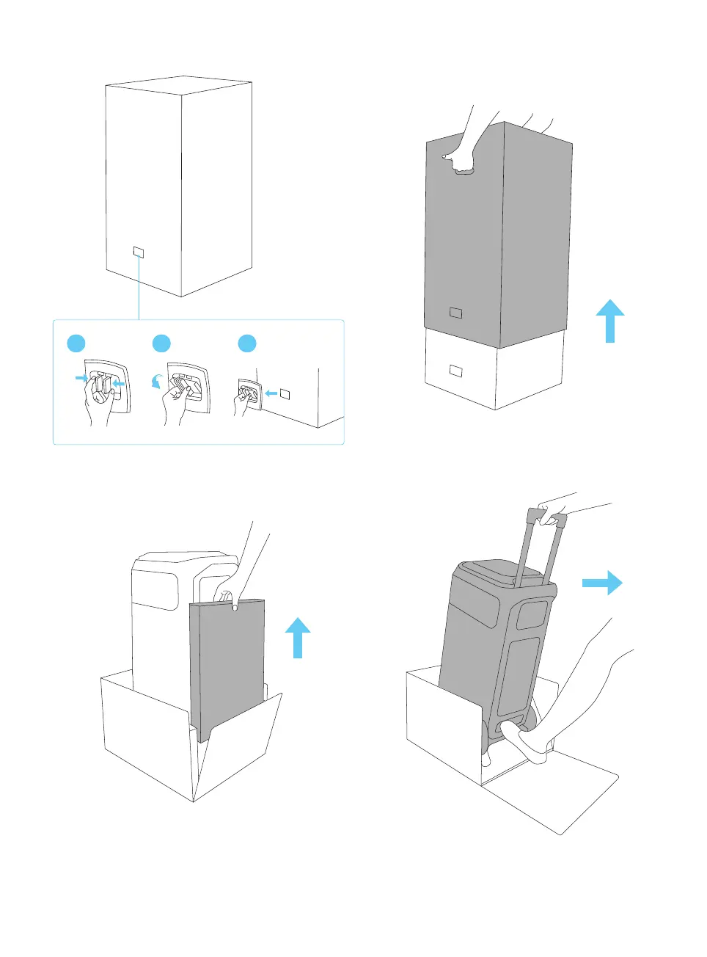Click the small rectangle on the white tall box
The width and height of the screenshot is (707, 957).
click(x=139, y=253)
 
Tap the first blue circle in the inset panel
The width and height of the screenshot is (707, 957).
click(x=76, y=343)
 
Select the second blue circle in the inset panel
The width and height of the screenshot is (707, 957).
click(x=161, y=343)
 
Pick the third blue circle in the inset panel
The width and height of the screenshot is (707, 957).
click(x=247, y=343)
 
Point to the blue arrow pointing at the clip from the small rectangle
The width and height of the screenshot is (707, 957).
click(x=271, y=394)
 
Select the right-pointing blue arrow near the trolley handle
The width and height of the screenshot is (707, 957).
click(x=602, y=583)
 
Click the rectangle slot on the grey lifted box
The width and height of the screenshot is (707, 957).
click(x=455, y=313)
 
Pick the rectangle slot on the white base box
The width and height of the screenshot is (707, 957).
click(x=455, y=371)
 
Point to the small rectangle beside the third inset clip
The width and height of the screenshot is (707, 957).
click(x=285, y=394)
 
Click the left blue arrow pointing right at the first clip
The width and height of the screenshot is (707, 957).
click(x=81, y=378)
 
